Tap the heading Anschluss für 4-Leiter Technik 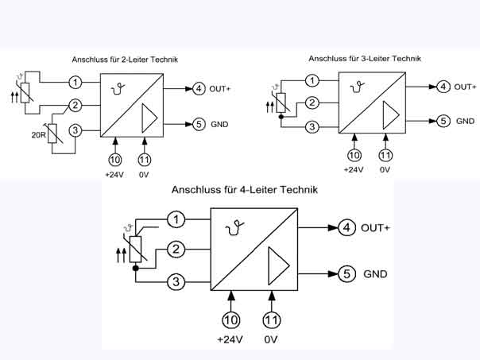click(x=244, y=190)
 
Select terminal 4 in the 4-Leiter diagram click(x=346, y=228)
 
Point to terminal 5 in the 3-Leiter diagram click(x=443, y=121)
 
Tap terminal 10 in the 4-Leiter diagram click(x=231, y=319)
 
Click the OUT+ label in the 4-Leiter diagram click(x=376, y=228)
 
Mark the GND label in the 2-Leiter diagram click(x=219, y=125)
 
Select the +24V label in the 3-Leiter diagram click(x=353, y=169)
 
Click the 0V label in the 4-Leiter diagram click(x=271, y=339)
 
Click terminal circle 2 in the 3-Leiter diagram click(x=312, y=103)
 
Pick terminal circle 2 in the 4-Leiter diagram click(x=177, y=250)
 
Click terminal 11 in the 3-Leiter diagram click(x=385, y=155)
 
